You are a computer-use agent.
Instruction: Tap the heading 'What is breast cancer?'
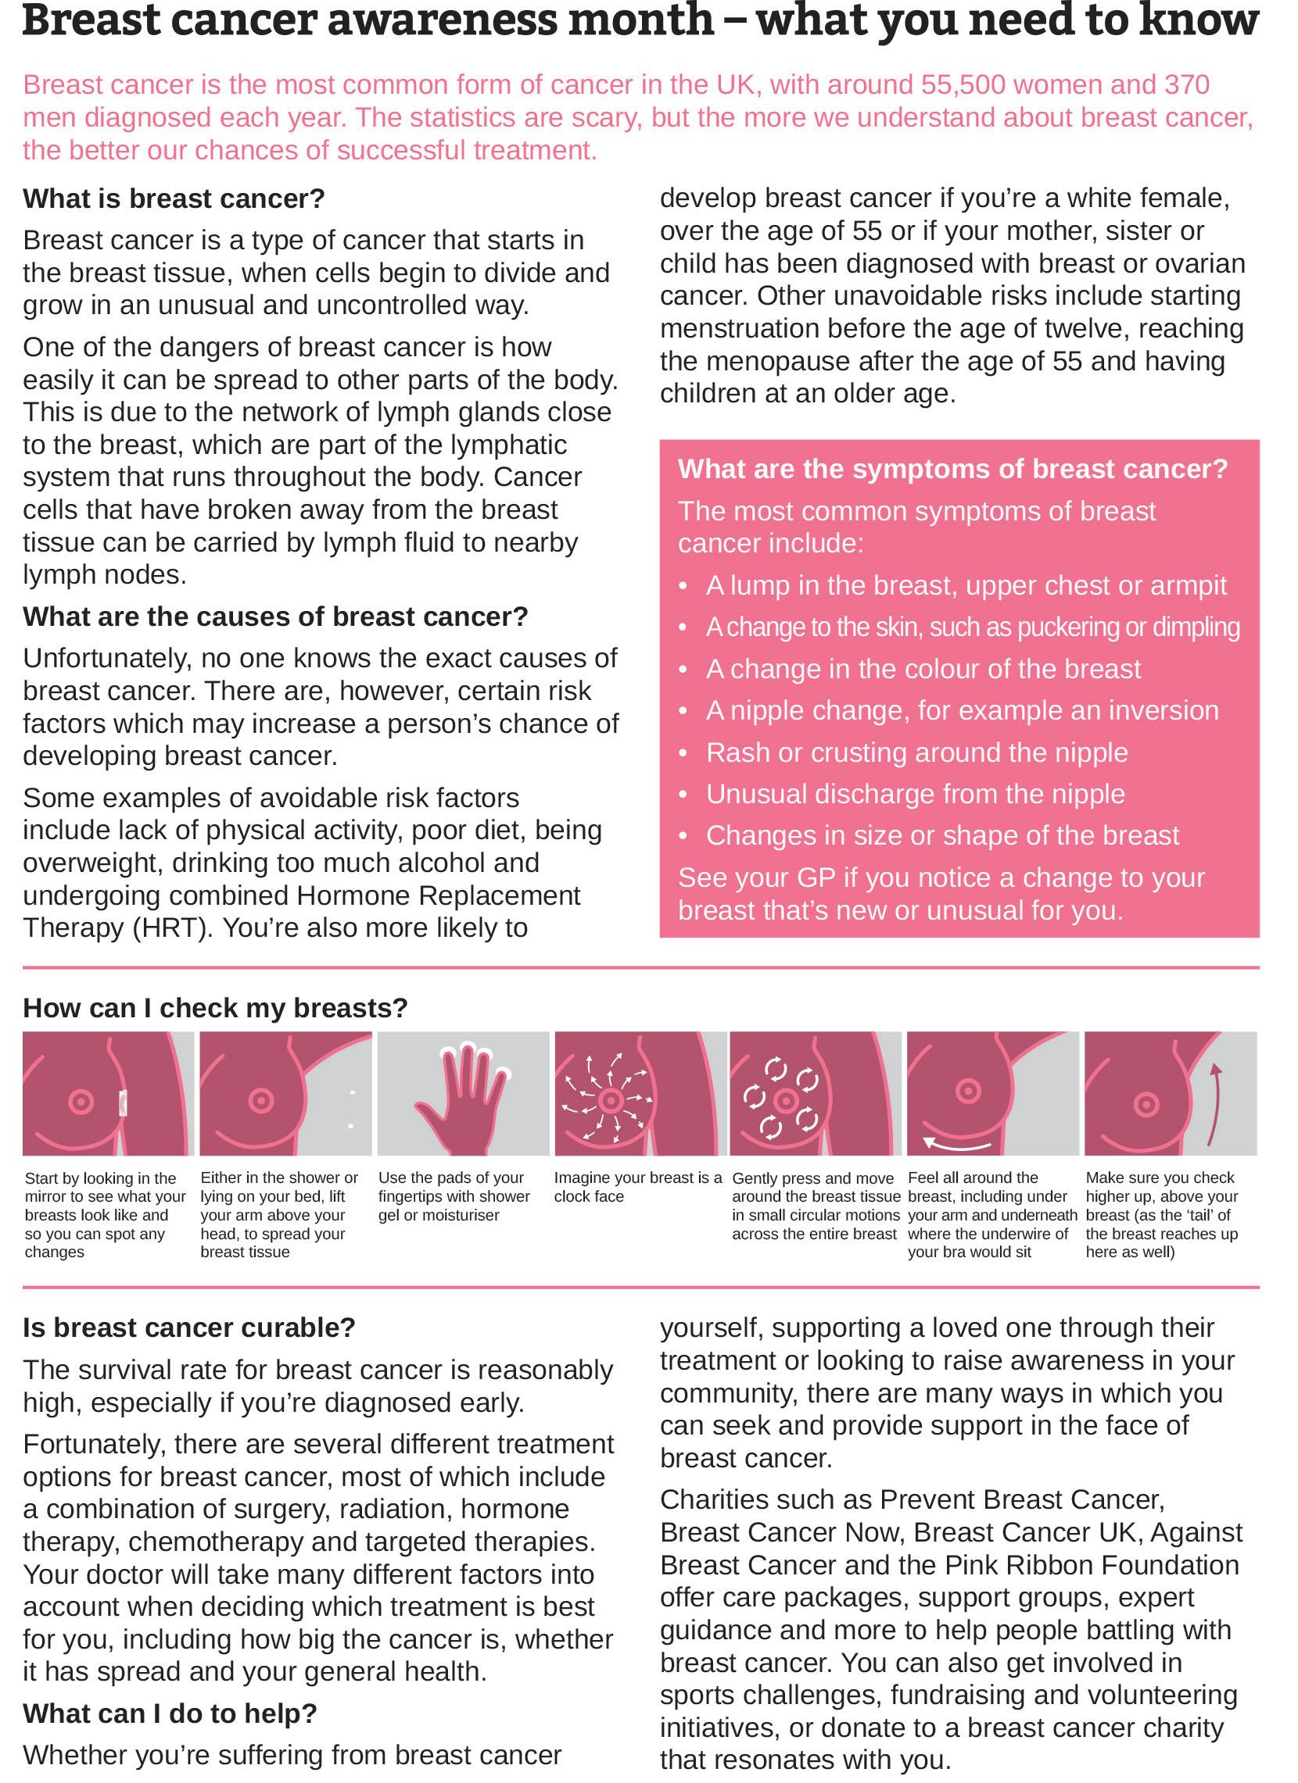[x=174, y=199]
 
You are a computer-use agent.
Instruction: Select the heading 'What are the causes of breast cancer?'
[x=275, y=617]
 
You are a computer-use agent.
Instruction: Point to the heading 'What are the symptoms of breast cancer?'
[x=952, y=470]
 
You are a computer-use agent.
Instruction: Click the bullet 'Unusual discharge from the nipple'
[x=915, y=794]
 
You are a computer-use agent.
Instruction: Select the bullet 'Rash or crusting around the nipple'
[x=916, y=752]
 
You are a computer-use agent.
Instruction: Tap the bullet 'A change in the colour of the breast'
[x=923, y=669]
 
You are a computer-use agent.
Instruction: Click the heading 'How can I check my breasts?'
[x=216, y=1008]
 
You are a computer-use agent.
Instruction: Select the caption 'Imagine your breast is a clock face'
[x=637, y=1187]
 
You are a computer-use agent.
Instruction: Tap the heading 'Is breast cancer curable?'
[x=189, y=1327]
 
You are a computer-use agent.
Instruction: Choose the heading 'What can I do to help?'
[x=170, y=1713]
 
